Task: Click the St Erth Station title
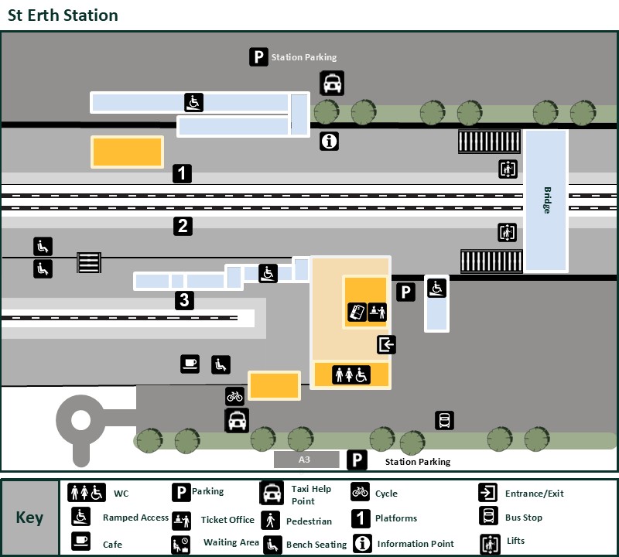point(63,15)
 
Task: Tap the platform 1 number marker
point(182,173)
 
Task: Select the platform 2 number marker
point(183,227)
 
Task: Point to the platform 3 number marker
point(183,300)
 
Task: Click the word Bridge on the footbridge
point(546,200)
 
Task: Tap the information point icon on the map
point(330,142)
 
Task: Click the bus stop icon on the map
point(445,421)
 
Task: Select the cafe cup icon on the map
point(190,364)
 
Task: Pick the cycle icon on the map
point(234,396)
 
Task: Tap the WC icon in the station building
point(351,374)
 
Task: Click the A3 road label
point(306,460)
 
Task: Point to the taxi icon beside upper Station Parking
point(333,83)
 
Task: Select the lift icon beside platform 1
point(508,169)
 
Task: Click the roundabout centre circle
point(80,421)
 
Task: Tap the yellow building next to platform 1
point(128,152)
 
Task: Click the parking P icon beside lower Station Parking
point(357,461)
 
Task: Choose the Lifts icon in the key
point(489,543)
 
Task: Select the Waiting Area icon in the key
point(180,544)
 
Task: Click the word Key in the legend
point(29,518)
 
